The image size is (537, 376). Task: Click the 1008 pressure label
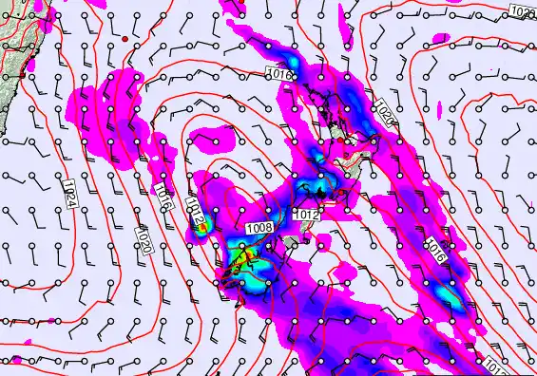[259, 228]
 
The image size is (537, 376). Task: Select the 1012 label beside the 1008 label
[305, 216]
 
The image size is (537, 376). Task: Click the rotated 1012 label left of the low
[196, 213]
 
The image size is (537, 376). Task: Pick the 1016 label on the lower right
[434, 249]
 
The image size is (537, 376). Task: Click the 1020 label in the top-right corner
[522, 11]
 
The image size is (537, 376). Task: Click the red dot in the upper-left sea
[125, 38]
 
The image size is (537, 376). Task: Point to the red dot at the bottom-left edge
[17, 360]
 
